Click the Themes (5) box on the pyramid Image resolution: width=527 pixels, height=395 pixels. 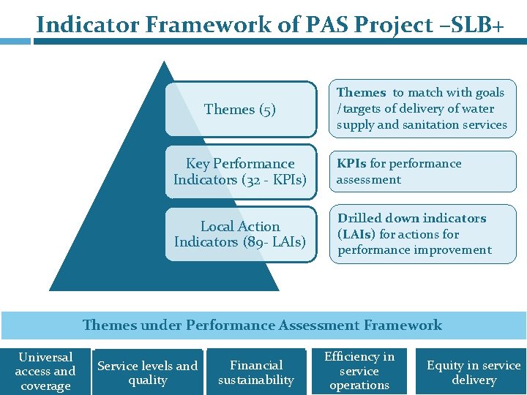point(240,110)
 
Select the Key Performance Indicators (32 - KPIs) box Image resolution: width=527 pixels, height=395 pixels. point(240,171)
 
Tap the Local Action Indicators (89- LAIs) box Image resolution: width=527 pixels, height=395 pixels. point(240,234)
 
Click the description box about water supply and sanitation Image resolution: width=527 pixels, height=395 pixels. point(422,108)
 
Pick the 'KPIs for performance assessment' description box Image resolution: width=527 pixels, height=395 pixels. point(422,171)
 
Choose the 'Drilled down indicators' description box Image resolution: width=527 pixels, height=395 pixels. point(422,234)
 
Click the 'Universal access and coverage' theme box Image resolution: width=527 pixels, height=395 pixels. point(45,372)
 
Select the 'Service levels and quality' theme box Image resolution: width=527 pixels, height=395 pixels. point(148,372)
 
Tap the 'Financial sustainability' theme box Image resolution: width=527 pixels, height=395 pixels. point(256,372)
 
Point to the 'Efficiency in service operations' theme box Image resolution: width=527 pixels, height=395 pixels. point(359,371)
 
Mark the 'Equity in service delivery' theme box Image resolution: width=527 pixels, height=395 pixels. point(474,372)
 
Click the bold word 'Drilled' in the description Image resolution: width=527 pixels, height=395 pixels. point(360,219)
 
